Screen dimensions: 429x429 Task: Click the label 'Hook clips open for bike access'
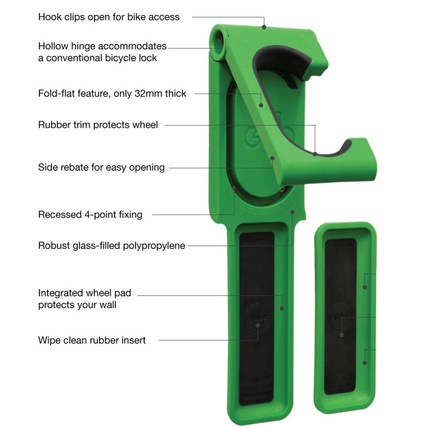point(109,17)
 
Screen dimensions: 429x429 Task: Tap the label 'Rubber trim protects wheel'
point(98,125)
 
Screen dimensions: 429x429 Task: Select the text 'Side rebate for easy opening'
point(101,167)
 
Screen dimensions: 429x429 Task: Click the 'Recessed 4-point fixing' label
point(90,214)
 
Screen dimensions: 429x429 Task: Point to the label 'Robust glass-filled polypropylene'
point(112,246)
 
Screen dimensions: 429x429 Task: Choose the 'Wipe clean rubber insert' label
point(92,340)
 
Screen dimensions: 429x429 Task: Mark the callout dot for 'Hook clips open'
point(264,27)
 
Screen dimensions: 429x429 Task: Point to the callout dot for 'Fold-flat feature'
point(261,105)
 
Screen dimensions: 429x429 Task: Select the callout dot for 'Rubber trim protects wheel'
point(315,154)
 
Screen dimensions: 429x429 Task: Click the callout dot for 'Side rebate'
point(272,158)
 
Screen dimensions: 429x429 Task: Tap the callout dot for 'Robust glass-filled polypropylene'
point(292,212)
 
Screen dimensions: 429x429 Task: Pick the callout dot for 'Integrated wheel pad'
point(282,309)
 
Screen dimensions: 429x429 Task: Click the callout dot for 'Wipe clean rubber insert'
point(258,326)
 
